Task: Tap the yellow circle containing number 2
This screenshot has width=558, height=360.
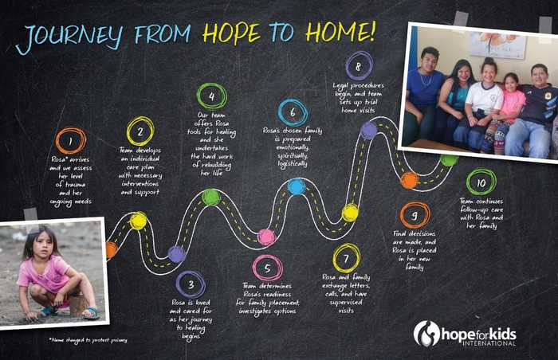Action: tap(140, 130)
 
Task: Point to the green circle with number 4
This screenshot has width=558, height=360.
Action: tap(211, 96)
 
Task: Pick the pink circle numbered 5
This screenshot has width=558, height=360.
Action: tap(267, 268)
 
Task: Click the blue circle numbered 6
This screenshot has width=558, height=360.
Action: tap(293, 112)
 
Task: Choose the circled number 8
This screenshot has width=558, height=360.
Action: tap(359, 64)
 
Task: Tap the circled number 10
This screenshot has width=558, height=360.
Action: tap(481, 182)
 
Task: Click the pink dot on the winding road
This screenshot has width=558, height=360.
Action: tap(266, 237)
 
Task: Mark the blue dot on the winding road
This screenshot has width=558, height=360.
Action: tap(296, 186)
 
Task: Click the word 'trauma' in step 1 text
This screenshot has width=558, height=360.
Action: tap(71, 185)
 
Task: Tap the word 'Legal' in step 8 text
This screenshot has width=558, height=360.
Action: tap(344, 82)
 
